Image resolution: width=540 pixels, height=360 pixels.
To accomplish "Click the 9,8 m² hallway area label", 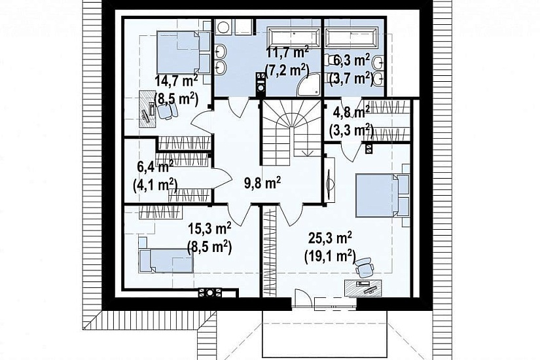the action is pyautogui.click(x=262, y=183).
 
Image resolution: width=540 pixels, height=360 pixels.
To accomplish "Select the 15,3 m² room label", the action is pyautogui.click(x=209, y=228).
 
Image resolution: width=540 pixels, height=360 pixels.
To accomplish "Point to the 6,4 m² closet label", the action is pyautogui.click(x=155, y=168).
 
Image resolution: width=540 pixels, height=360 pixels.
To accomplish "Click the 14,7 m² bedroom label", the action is pyautogui.click(x=176, y=81).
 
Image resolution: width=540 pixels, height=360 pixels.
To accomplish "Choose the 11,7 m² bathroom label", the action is pyautogui.click(x=287, y=53).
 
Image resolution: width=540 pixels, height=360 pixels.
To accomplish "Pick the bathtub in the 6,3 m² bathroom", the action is pyautogui.click(x=351, y=38).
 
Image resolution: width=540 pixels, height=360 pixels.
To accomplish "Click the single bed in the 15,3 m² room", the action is pyautogui.click(x=166, y=261).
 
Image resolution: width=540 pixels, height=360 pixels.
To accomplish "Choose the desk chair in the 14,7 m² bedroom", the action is pyautogui.click(x=167, y=110).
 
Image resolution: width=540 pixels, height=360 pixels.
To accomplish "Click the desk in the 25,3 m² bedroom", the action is pyautogui.click(x=363, y=287).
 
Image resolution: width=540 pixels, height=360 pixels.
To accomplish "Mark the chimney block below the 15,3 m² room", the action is pyautogui.click(x=209, y=293).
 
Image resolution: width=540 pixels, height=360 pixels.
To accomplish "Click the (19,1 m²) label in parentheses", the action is pyautogui.click(x=330, y=257).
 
